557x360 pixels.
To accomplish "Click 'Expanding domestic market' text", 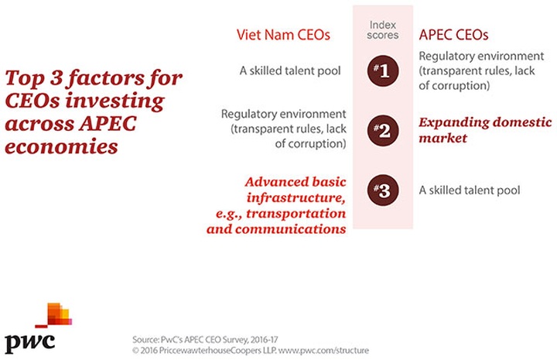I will pos(485,130).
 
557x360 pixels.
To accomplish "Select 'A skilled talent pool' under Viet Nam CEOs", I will pos(292,72).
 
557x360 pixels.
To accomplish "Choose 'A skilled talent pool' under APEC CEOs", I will pos(470,190).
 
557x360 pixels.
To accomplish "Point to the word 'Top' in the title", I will pos(22,79).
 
